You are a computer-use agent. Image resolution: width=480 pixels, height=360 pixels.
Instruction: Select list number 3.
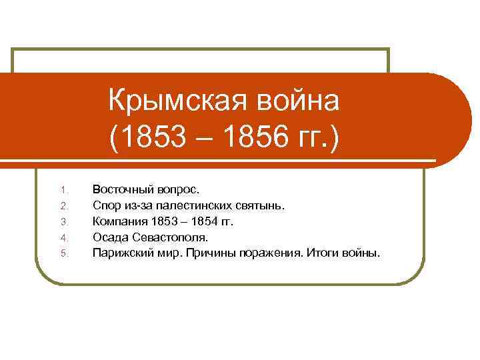tap(63, 221)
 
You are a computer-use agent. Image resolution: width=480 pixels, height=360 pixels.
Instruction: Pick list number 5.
tap(63, 253)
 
